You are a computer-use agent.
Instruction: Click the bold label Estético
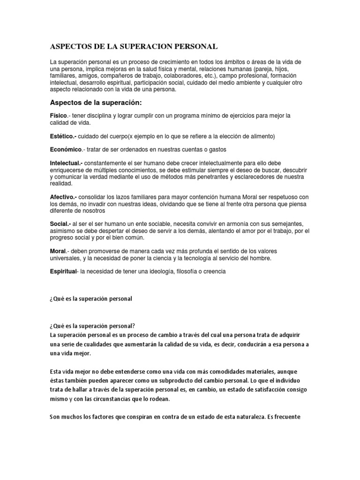(63, 136)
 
